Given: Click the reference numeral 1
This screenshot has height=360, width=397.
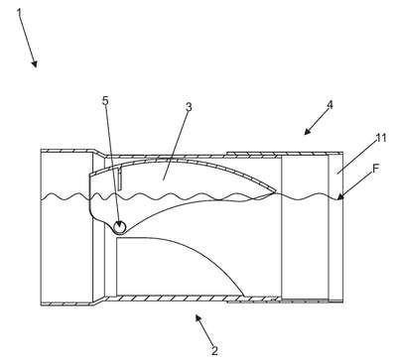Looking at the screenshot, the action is [20, 13].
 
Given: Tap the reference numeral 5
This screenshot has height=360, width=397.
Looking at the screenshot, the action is [105, 101].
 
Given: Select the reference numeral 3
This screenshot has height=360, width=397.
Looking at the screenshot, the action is [189, 107].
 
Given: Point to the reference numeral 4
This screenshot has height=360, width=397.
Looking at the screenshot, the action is [330, 105].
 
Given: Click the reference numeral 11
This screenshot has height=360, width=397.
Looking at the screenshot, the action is [381, 138].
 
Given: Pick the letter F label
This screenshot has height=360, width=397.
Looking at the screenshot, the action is [376, 169].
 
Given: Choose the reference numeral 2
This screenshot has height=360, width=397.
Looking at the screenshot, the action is [214, 351].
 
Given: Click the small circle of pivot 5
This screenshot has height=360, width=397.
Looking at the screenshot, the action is [119, 227].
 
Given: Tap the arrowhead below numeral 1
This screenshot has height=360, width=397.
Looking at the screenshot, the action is [35, 63].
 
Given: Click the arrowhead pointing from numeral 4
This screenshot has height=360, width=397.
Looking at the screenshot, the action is [308, 132].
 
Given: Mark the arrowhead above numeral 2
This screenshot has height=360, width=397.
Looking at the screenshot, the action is [198, 318].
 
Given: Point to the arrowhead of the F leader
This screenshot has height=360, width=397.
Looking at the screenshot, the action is [339, 197].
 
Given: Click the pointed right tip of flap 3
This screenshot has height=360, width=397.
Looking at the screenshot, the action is [276, 192].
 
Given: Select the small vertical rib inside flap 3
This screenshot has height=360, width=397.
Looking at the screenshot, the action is [120, 179].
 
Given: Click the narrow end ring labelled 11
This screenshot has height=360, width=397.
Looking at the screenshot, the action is [335, 227].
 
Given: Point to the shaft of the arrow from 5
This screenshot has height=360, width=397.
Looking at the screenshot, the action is [111, 163].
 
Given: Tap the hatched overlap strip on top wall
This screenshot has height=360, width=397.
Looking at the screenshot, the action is [251, 154].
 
